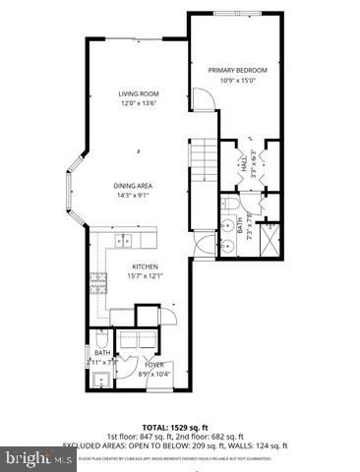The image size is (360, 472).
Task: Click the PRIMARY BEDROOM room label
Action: point(237,71)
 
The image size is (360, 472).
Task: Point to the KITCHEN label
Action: point(147,266)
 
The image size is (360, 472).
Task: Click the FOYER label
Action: point(155,364)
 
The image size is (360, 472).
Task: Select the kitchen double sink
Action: point(124,239)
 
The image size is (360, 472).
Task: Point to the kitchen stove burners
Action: point(99,284)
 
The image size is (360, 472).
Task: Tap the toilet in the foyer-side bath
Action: point(101,341)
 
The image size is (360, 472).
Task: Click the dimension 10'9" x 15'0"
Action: point(237,81)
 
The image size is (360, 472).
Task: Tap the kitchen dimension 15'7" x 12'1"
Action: point(147,276)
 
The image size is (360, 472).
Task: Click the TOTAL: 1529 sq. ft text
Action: point(179,425)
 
